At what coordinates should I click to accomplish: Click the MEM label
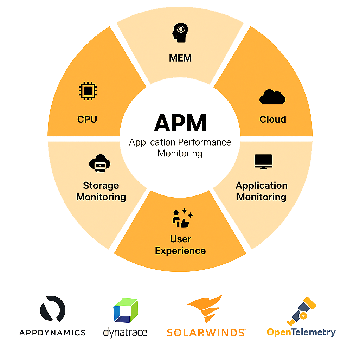coord(180,58)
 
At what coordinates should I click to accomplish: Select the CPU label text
coord(87,119)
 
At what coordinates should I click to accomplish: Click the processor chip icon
coord(87,91)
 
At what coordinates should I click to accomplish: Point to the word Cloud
coord(273,119)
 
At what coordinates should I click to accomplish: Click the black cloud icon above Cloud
coord(272,97)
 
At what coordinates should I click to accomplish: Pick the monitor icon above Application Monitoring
coord(264,162)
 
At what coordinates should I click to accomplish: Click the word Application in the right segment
coord(262,186)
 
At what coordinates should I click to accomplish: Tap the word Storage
coord(101,186)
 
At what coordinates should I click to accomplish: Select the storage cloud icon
coord(100,163)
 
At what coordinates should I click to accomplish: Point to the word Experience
coord(180,251)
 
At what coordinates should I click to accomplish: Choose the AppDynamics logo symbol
coord(53,309)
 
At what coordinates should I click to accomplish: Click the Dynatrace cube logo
coord(126,310)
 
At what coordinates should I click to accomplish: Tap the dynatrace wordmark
coord(125,332)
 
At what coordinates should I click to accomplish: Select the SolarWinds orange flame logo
coord(205,309)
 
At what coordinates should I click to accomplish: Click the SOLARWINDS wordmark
coord(206,332)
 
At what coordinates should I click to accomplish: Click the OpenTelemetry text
coord(301,332)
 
